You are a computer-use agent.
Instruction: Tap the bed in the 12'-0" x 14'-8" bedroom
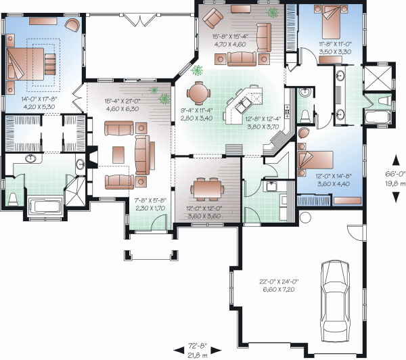point(316,161)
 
